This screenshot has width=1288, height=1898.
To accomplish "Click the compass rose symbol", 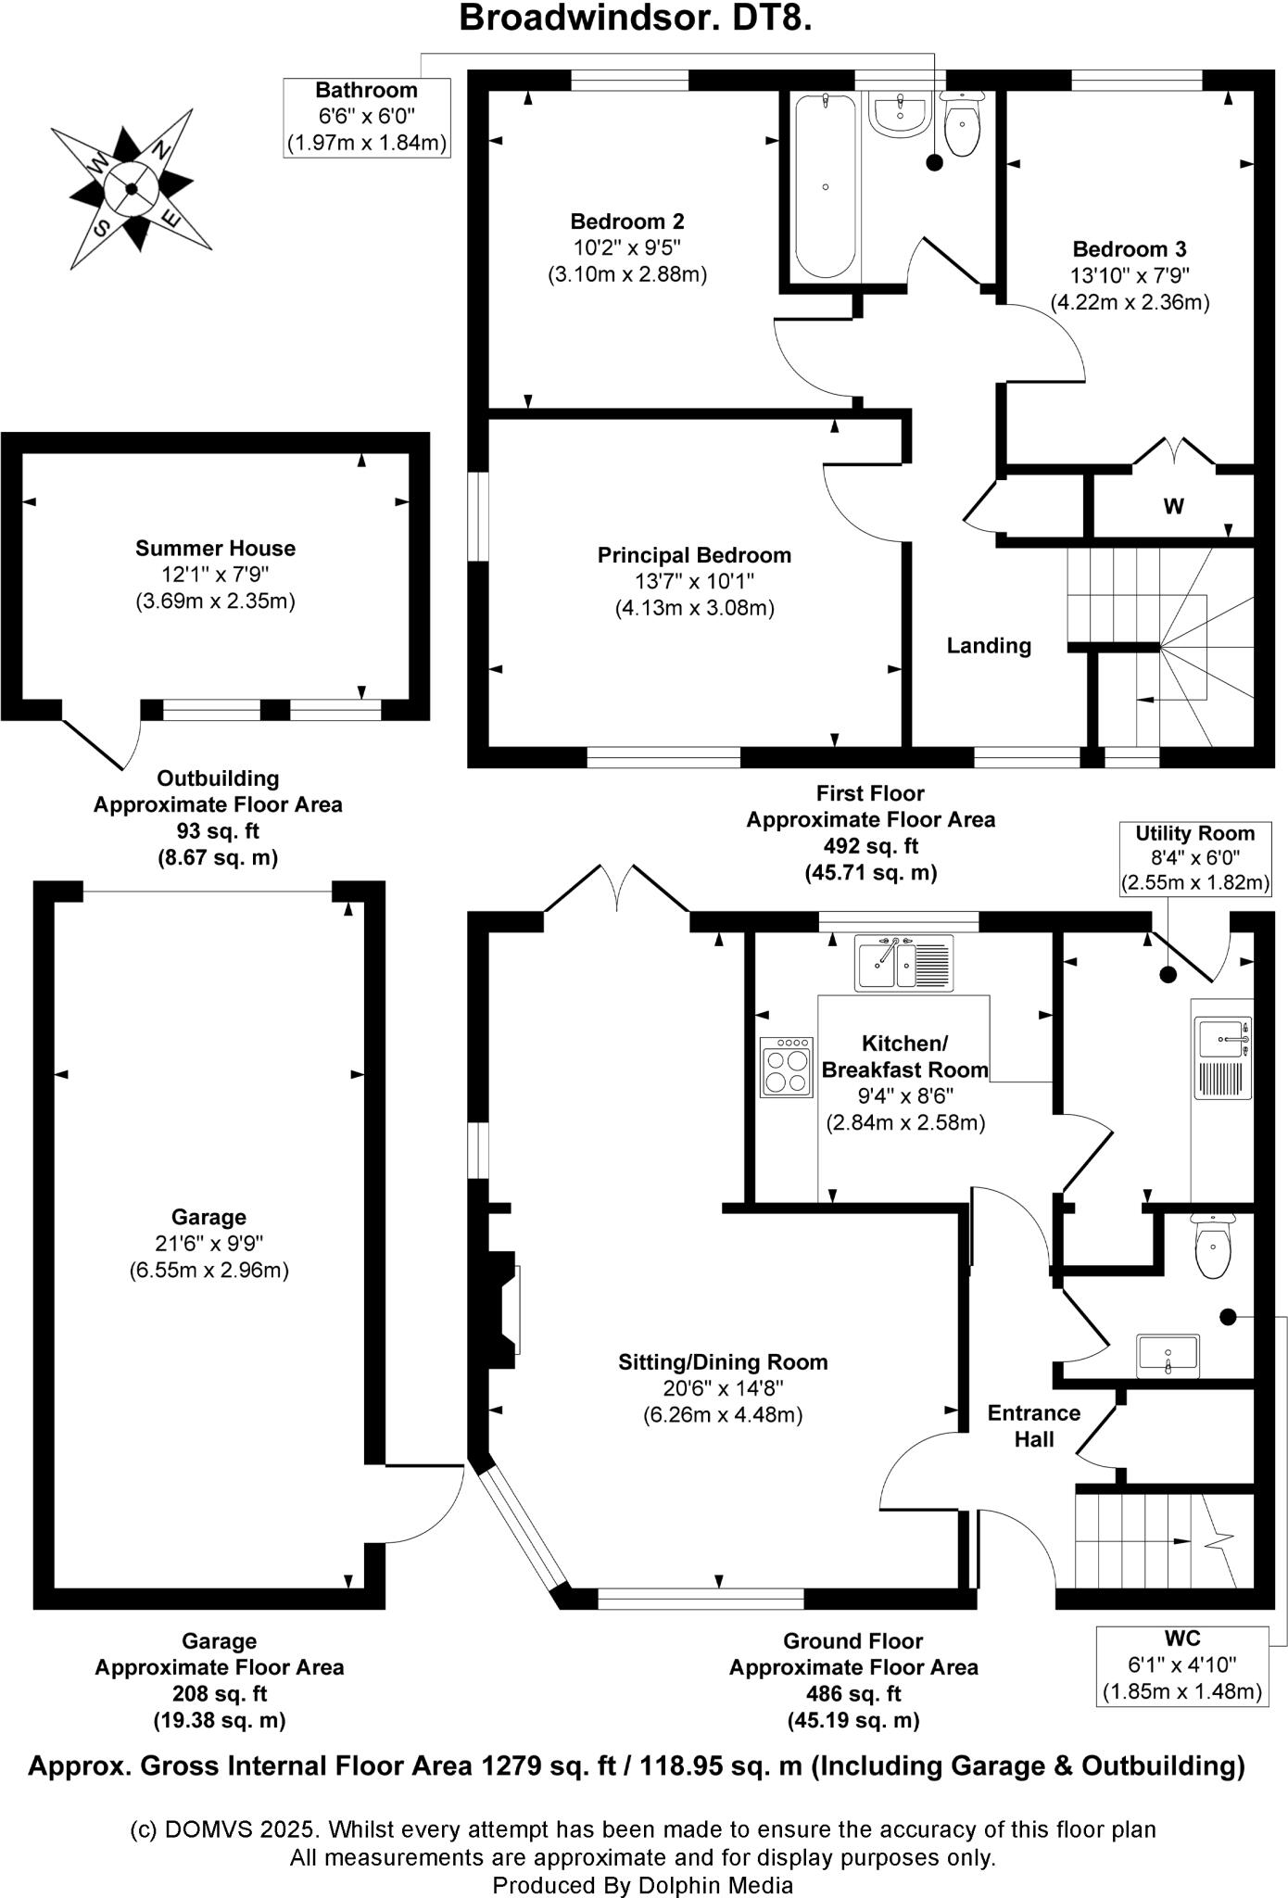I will [x=131, y=189].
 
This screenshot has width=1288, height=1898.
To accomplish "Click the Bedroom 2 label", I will [x=627, y=221].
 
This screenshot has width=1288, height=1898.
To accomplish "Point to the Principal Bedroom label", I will [x=694, y=555].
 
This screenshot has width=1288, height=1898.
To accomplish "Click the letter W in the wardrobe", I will [x=1173, y=507].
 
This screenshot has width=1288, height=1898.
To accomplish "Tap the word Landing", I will [x=989, y=646].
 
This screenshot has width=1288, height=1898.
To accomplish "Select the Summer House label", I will [x=215, y=548].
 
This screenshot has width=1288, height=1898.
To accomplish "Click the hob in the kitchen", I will [x=787, y=1068].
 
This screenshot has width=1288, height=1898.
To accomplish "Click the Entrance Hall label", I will [x=1034, y=1426].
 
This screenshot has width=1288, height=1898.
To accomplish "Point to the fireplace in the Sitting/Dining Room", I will [x=506, y=1310].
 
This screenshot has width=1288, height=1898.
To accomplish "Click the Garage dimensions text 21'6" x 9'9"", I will [x=209, y=1244].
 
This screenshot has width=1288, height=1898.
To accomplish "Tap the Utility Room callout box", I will [x=1194, y=857].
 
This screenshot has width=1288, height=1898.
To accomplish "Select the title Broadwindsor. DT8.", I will [x=636, y=19].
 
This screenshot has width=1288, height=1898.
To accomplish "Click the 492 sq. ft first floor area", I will [x=870, y=845].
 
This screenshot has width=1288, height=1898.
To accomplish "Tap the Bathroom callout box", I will [x=367, y=117].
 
